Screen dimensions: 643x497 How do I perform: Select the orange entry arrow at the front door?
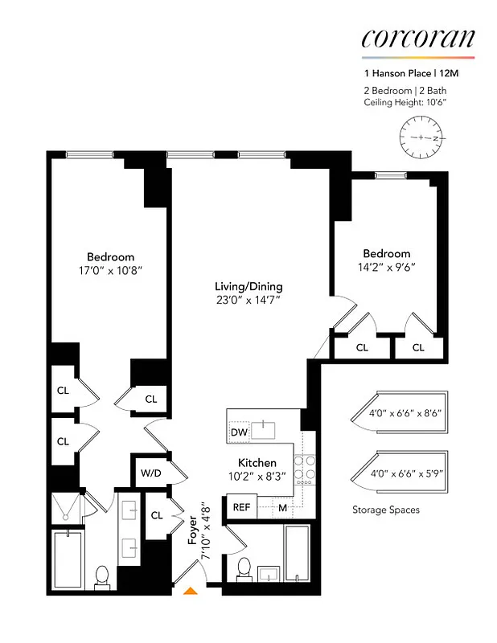[191, 592]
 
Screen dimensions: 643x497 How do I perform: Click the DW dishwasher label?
[239, 432]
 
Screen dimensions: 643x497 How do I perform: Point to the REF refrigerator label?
[241, 507]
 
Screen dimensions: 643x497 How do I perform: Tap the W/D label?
[151, 473]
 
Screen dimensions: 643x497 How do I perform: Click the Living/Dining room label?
[249, 286]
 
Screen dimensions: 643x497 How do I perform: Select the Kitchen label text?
[257, 463]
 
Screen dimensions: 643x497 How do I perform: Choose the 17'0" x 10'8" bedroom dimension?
[111, 272]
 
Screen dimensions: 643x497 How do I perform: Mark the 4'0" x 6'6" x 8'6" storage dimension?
[405, 414]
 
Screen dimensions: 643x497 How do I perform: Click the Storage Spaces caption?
[386, 510]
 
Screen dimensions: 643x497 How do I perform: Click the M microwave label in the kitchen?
[282, 507]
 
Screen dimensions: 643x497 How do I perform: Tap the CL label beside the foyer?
[155, 514]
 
